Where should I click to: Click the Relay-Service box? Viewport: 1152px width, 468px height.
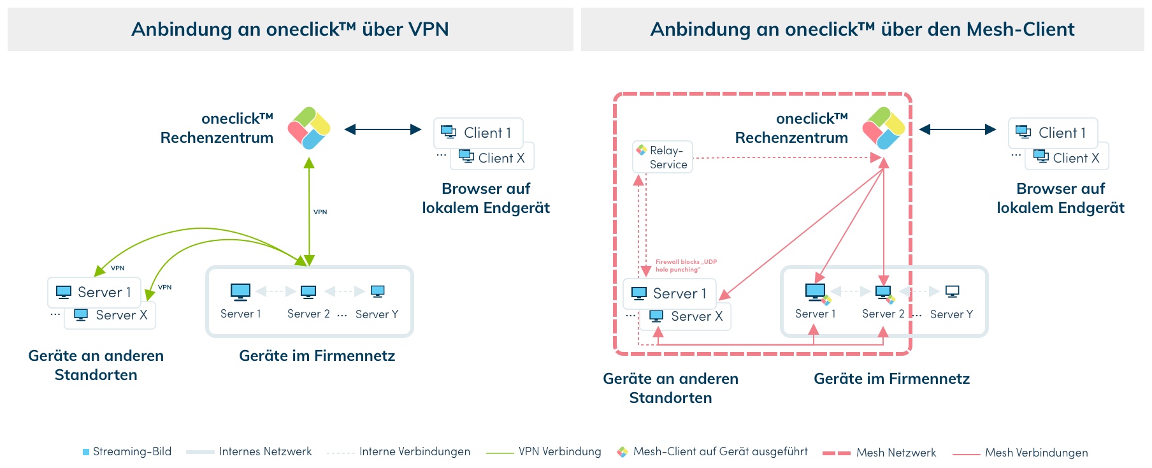(x=662, y=157)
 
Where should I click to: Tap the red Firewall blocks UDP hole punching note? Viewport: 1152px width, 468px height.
(x=686, y=266)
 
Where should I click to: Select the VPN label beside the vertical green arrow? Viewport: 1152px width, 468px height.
(x=320, y=212)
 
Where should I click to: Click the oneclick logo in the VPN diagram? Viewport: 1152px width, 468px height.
(x=309, y=128)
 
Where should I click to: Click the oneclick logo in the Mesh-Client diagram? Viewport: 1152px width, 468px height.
(x=884, y=128)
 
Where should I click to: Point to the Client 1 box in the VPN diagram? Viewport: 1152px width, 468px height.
(x=478, y=133)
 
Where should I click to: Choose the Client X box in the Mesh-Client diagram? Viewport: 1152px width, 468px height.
(x=1067, y=157)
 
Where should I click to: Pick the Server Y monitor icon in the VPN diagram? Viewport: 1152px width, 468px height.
(x=377, y=291)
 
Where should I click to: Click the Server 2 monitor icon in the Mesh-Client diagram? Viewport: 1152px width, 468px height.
(x=883, y=292)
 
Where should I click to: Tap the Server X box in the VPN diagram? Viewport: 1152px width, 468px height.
(x=110, y=315)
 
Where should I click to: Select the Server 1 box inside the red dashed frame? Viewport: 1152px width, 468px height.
(x=669, y=293)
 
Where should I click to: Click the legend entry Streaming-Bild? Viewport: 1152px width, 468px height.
(x=127, y=451)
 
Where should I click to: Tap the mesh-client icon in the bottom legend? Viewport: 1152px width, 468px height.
(x=623, y=452)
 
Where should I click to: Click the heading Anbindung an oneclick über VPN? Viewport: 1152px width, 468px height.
(x=290, y=29)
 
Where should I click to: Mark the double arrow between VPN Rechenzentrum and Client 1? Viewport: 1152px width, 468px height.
(x=382, y=129)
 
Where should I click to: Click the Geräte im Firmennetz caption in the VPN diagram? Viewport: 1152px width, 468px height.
(x=317, y=356)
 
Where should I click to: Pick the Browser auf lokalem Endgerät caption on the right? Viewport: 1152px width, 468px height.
(x=1060, y=198)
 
